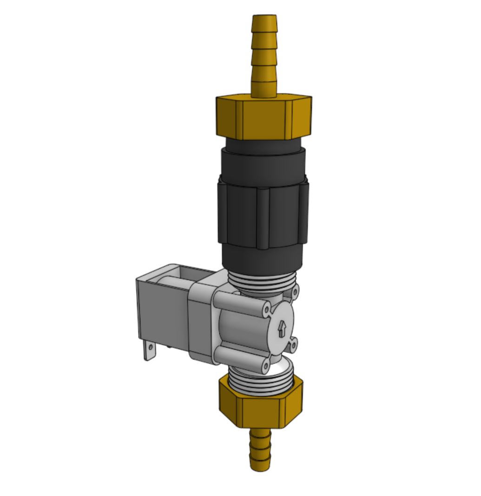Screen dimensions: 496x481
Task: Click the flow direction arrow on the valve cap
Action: click(x=282, y=329)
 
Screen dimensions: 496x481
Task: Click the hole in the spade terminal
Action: click(x=150, y=347)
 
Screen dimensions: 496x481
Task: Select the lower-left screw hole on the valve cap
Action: click(x=265, y=366)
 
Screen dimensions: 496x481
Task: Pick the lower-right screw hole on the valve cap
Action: click(x=294, y=344)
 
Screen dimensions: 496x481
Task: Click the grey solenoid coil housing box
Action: click(x=163, y=311)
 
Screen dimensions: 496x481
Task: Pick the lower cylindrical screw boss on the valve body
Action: click(x=239, y=360)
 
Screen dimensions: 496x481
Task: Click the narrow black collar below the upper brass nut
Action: click(x=263, y=145)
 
